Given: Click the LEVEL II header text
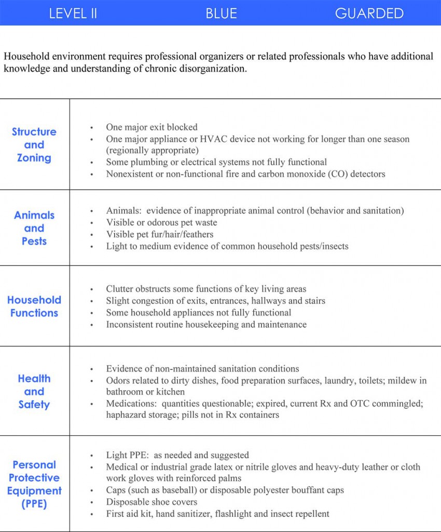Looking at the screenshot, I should [73, 14].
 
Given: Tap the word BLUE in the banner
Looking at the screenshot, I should [221, 14].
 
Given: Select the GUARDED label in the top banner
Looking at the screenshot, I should [369, 14].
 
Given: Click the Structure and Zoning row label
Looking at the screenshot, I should [34, 145].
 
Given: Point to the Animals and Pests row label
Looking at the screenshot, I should [34, 228].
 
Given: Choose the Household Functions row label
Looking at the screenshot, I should [34, 307].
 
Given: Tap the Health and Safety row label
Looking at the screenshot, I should [34, 391].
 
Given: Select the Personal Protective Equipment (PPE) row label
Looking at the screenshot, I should [34, 484].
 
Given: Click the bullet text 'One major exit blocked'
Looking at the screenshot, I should [151, 127].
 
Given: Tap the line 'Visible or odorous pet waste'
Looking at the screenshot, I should [161, 222].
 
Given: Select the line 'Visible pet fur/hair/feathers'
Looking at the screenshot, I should [160, 234].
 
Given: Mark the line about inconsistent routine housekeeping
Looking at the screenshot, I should [206, 325].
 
